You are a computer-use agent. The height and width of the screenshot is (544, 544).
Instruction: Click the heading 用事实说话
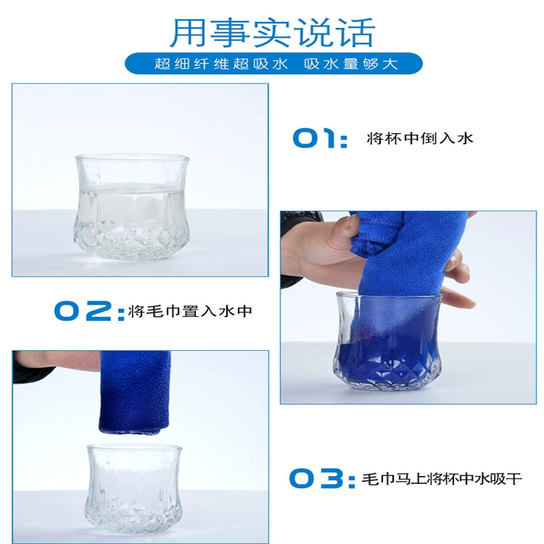tap(273, 32)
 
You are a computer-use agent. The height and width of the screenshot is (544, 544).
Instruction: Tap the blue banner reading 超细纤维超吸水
tap(274, 63)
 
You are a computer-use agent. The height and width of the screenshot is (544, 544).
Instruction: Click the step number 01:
tap(320, 139)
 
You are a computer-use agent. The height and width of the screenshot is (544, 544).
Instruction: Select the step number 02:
tap(90, 311)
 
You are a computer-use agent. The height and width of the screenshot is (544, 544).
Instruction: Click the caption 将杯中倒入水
tap(420, 139)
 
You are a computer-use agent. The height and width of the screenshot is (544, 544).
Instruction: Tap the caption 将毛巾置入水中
tap(190, 311)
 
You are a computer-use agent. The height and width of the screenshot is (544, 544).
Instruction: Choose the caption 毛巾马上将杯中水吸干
tap(441, 479)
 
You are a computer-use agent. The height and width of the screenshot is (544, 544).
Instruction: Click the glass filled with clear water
tap(131, 207)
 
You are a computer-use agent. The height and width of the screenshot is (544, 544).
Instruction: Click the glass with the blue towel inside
tap(388, 341)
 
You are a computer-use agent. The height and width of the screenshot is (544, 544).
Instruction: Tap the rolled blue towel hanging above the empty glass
tap(135, 393)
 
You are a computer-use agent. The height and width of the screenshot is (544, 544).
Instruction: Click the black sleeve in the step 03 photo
tap(33, 368)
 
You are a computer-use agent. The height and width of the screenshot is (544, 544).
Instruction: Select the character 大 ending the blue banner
tap(390, 64)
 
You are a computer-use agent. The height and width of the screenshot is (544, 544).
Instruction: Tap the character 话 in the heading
tap(358, 33)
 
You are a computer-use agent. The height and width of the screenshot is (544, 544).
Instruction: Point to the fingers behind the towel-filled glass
tap(457, 284)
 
